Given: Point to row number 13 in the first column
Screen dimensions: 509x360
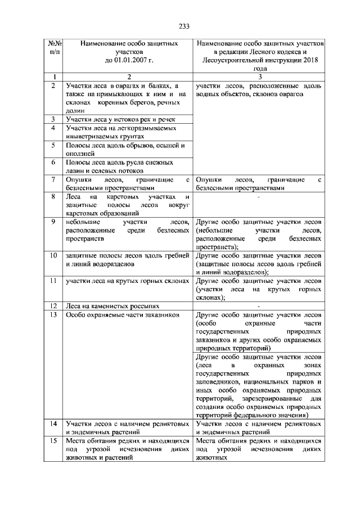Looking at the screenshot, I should (x=52, y=316).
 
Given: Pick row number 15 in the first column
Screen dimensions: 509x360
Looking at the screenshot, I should (x=52, y=442).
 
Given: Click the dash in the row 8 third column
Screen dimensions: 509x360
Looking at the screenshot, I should (x=258, y=197).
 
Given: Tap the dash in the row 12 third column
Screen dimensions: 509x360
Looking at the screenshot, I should (x=258, y=307).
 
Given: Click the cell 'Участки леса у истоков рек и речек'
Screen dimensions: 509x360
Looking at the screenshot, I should (x=120, y=119).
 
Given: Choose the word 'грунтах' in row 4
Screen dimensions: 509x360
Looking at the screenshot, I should (x=134, y=136).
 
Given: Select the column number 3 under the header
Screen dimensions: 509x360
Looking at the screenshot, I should (x=259, y=76).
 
